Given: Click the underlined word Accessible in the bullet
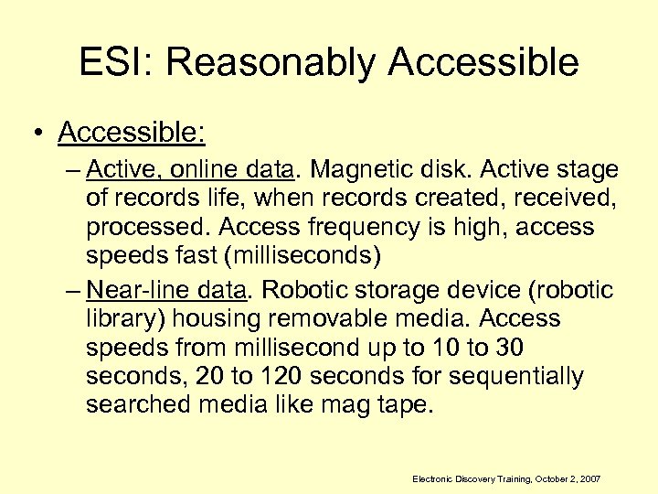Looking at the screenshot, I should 131,133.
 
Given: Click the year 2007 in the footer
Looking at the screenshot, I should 590,479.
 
